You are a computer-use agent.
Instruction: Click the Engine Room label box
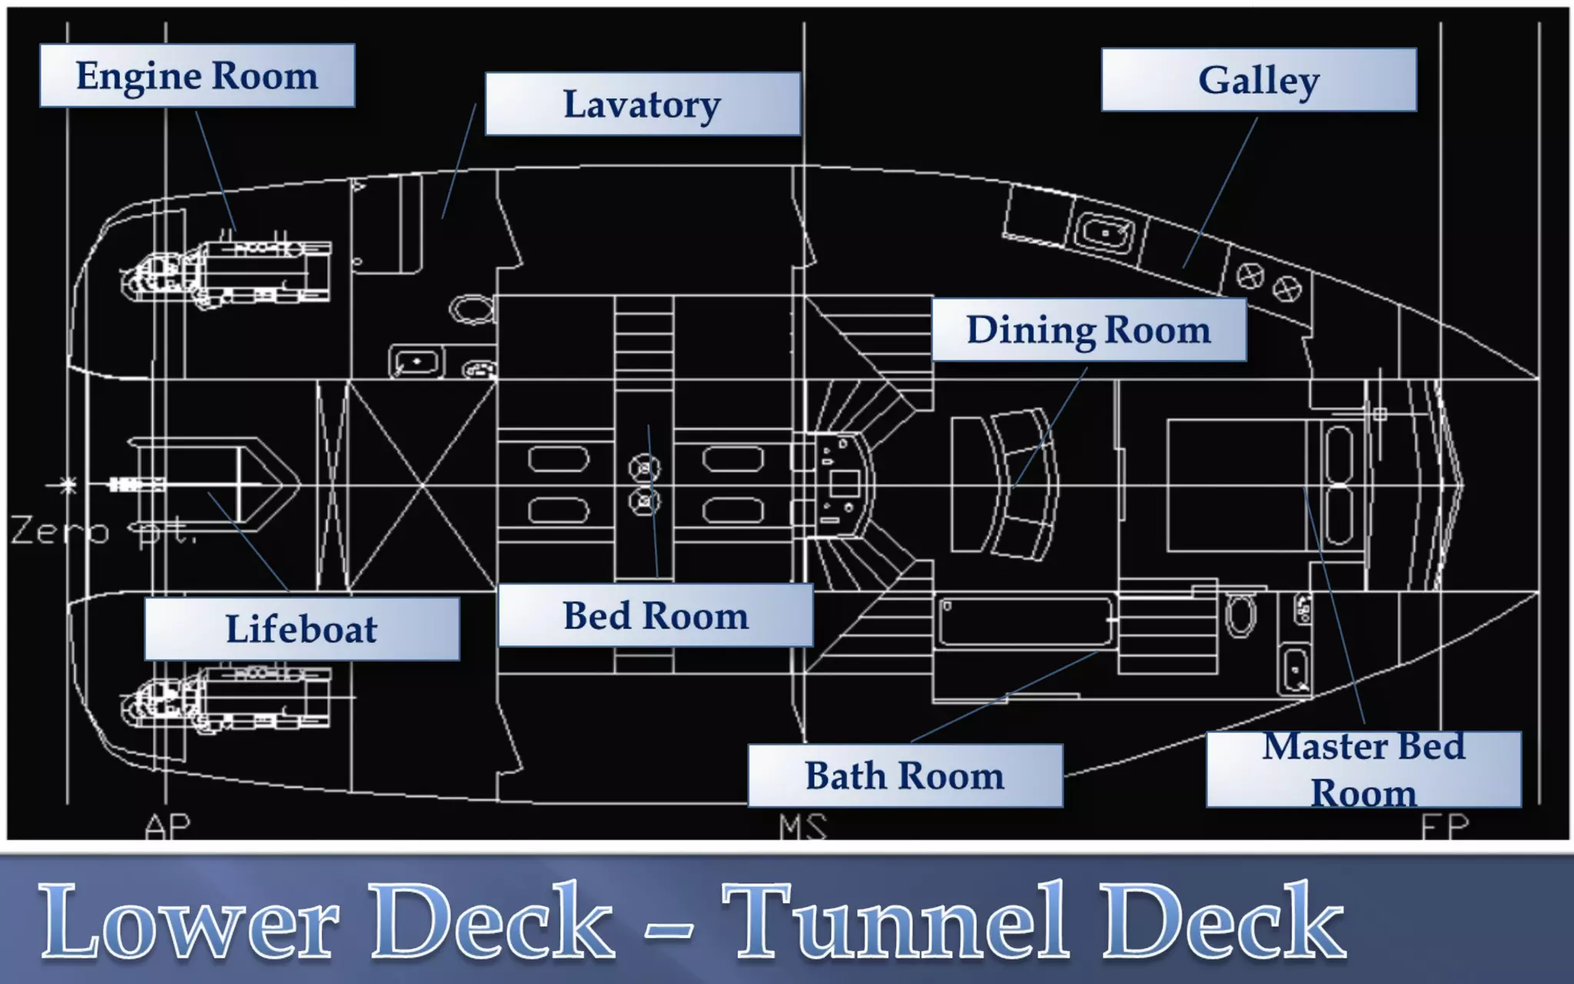pos(197,75)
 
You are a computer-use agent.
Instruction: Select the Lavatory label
pos(643,104)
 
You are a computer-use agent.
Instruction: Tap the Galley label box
pos(1259,80)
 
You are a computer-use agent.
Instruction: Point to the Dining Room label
pos(1088,330)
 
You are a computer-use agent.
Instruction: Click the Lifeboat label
pos(301,629)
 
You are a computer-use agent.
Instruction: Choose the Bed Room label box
pos(656,616)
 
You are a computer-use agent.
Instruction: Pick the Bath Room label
pos(905,776)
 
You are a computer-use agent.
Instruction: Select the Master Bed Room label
pos(1363,770)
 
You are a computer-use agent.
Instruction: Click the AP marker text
pos(168,826)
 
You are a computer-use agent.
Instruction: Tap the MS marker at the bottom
pos(803,827)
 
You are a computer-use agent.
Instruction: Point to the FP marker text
pos(1445,827)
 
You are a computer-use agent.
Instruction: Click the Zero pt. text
pos(104,531)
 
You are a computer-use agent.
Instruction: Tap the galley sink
pos(1104,232)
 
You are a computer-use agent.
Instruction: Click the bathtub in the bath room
pos(1025,621)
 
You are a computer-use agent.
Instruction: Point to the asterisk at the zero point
pos(68,485)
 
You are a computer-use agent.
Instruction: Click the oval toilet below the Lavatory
pos(471,309)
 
